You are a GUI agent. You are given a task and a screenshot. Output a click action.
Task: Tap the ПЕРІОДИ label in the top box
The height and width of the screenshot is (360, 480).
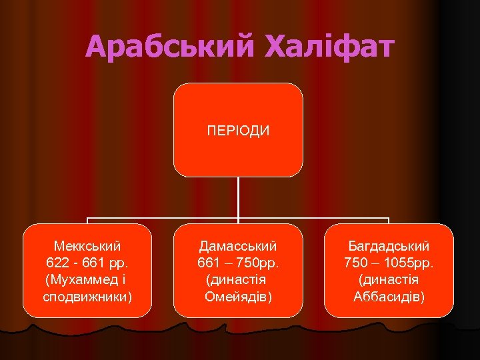click(238, 130)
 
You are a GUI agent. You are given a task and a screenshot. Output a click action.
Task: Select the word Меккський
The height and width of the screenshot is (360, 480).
click(87, 246)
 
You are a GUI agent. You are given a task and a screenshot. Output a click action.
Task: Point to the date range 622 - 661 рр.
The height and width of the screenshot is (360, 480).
click(87, 262)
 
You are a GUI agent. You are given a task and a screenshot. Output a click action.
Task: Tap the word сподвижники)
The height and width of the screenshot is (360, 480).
click(87, 295)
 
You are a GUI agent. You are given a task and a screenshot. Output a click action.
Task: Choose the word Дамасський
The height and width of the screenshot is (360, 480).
click(238, 246)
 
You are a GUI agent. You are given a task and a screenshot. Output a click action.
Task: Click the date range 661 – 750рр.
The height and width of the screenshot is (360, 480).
click(238, 262)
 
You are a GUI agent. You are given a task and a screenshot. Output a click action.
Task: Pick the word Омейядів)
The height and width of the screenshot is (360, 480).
click(238, 295)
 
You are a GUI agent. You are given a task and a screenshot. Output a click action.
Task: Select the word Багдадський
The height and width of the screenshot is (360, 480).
click(389, 246)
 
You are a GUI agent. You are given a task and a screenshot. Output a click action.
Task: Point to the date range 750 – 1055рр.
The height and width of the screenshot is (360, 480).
click(389, 262)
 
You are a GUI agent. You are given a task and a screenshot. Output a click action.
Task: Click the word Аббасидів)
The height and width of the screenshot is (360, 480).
click(389, 295)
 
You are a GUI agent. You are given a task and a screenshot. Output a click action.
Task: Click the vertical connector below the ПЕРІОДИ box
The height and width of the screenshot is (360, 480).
click(238, 197)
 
